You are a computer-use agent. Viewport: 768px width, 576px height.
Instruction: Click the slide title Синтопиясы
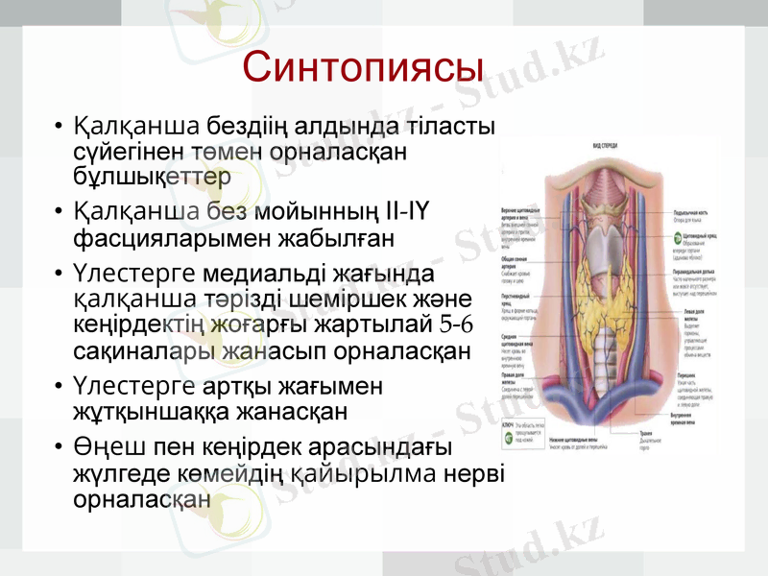(x=363, y=68)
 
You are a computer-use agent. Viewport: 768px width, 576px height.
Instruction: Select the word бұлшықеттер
(x=152, y=177)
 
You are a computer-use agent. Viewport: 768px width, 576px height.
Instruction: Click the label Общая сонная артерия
(x=518, y=262)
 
